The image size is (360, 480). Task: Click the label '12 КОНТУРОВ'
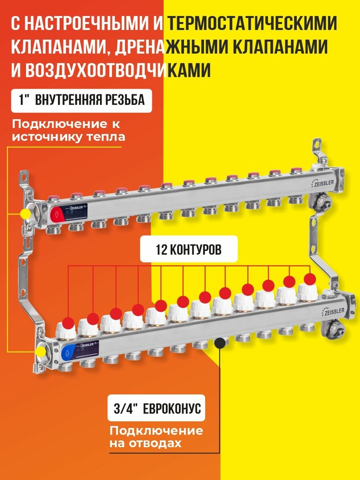point(188,250)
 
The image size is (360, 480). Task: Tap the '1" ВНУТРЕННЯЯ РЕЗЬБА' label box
point(82,100)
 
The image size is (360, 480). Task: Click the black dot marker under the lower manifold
point(219,343)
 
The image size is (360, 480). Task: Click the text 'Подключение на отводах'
point(156,437)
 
